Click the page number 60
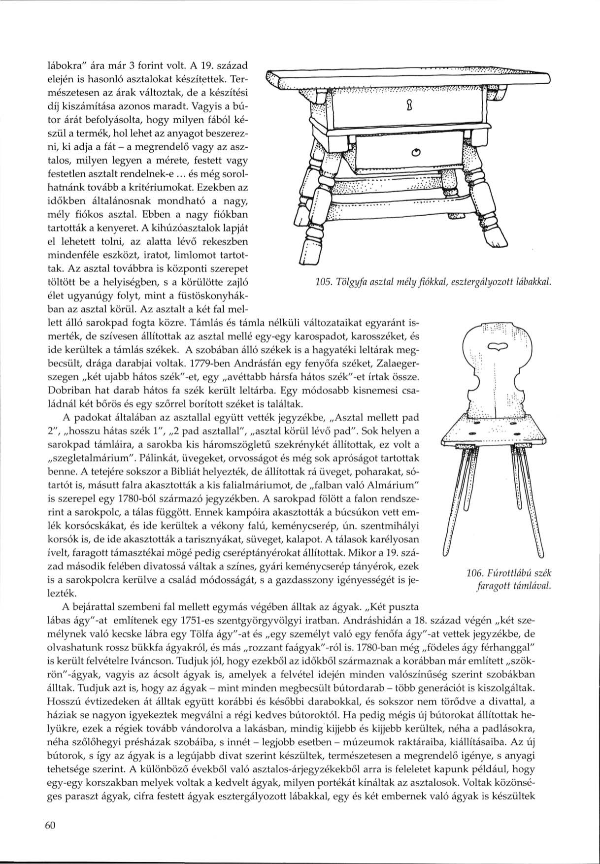point(52,826)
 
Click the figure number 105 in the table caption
point(323,283)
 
